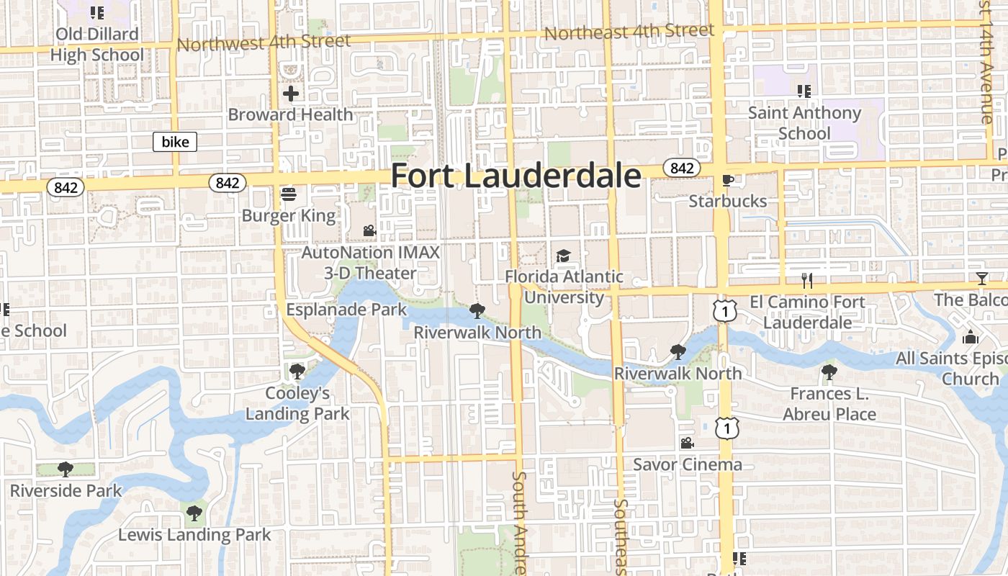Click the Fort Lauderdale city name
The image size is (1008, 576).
[516, 176]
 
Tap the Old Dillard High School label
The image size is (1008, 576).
[97, 44]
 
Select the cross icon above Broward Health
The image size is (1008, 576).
[291, 94]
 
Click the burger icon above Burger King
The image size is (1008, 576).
[289, 194]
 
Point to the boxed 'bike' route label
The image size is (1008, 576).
[175, 142]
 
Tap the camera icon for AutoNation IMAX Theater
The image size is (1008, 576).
[369, 231]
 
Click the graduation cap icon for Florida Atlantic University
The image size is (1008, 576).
[563, 256]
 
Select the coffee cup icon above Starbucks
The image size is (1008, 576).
[727, 180]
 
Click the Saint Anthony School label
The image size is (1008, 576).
[804, 122]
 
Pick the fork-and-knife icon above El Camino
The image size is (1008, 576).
[807, 280]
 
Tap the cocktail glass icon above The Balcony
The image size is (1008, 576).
[981, 279]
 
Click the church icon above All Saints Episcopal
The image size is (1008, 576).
[971, 337]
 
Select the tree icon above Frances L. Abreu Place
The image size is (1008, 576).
[829, 372]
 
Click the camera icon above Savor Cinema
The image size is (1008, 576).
[687, 443]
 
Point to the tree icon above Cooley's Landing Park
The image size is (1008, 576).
[297, 372]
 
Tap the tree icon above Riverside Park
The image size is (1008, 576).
[66, 469]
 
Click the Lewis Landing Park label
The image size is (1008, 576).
[194, 534]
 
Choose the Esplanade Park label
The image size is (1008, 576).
[346, 310]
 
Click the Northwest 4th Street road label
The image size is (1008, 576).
[264, 42]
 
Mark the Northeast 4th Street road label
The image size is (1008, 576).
[629, 32]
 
